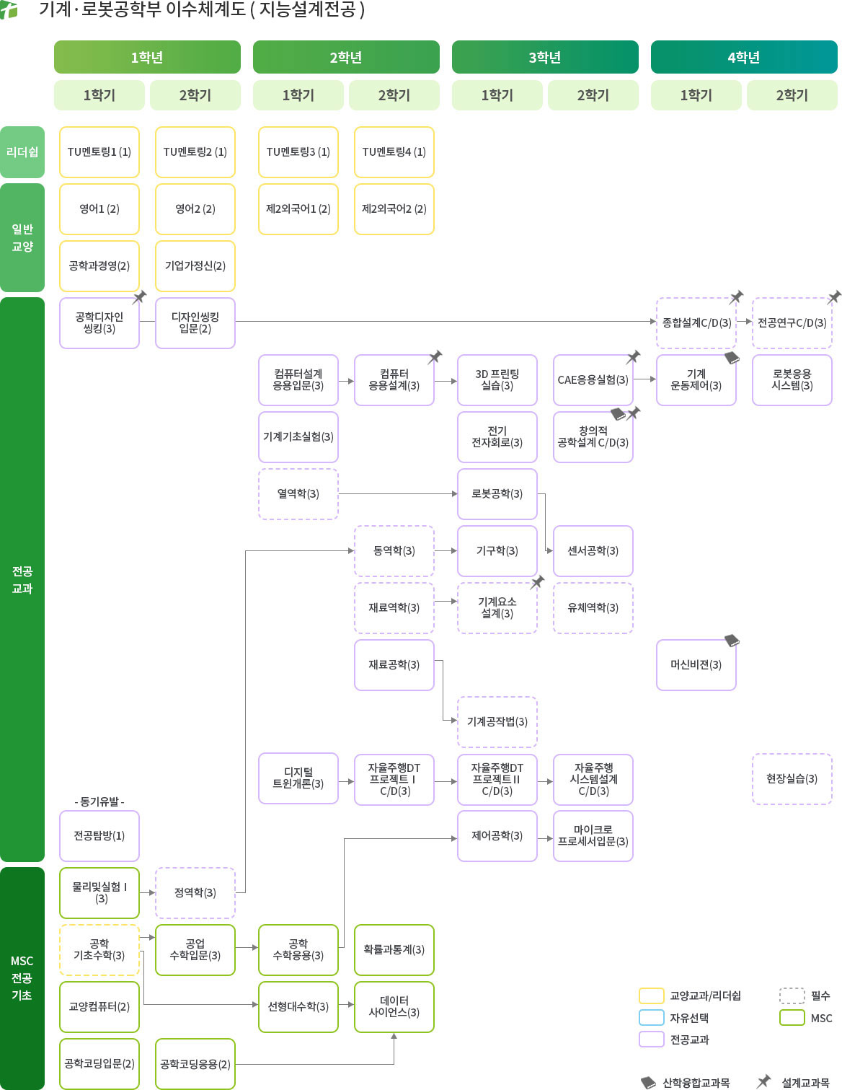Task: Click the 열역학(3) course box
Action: pyautogui.click(x=298, y=494)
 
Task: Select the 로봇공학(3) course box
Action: pyautogui.click(x=497, y=494)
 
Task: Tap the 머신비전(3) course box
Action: pyautogui.click(x=696, y=665)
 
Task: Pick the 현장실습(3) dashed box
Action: pyautogui.click(x=792, y=779)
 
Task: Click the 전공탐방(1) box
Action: pyautogui.click(x=99, y=836)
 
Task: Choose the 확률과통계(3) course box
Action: pyautogui.click(x=394, y=950)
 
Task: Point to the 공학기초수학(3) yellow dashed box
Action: pyautogui.click(x=99, y=950)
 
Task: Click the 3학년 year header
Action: pyautogui.click(x=545, y=58)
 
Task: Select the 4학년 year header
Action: pyautogui.click(x=743, y=58)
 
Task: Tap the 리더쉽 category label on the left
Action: pyautogui.click(x=22, y=152)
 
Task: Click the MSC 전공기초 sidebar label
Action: pyautogui.click(x=22, y=978)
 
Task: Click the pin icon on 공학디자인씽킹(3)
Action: pyautogui.click(x=140, y=297)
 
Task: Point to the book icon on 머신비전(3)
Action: pyautogui.click(x=732, y=641)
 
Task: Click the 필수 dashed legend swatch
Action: pyautogui.click(x=792, y=996)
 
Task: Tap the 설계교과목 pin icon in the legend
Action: pyautogui.click(x=763, y=1081)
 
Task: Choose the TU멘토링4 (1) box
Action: pyautogui.click(x=394, y=152)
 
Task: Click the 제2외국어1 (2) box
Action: pyautogui.click(x=298, y=209)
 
